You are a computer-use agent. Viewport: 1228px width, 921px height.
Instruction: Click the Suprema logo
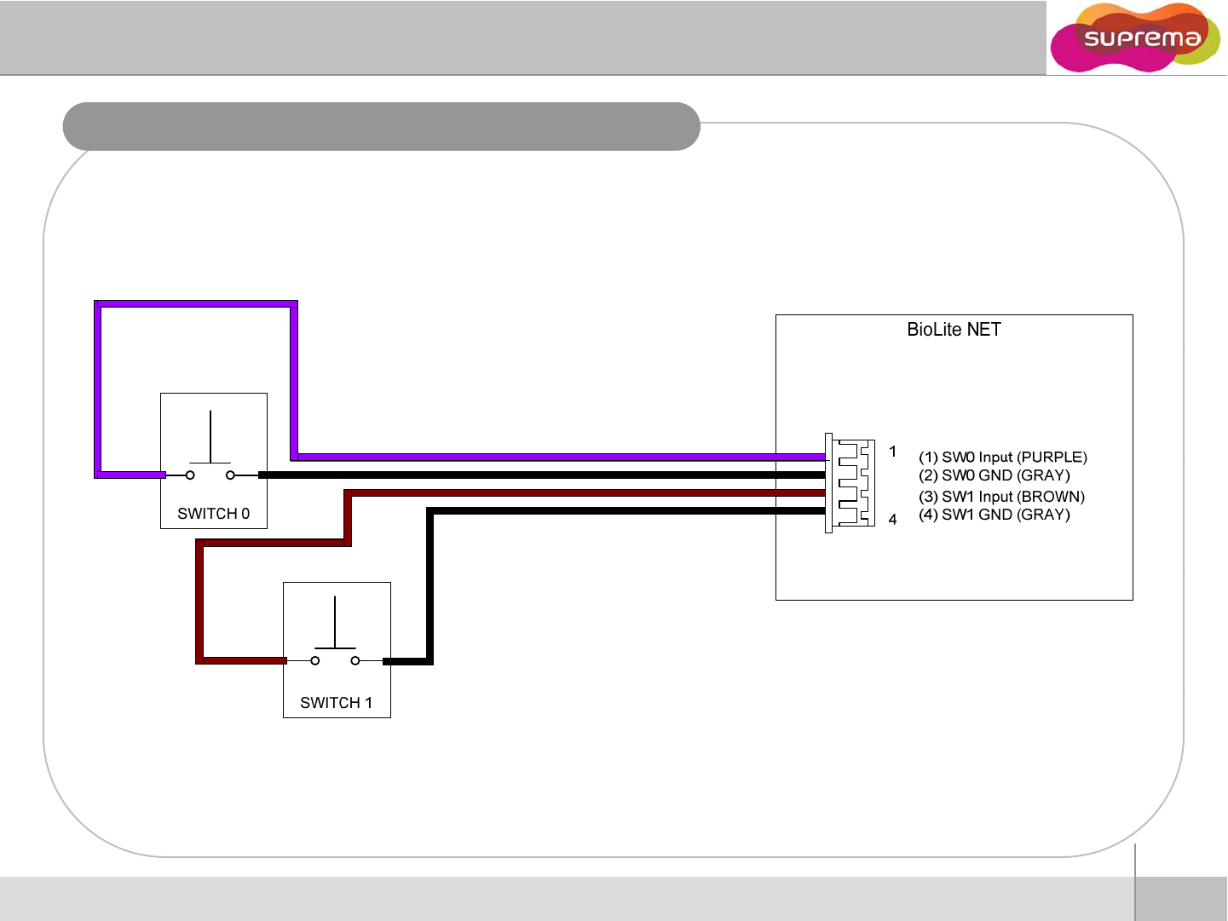click(x=1135, y=38)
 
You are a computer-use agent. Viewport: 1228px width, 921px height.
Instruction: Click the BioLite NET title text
click(x=954, y=330)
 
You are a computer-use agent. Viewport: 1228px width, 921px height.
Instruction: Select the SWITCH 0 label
click(x=213, y=514)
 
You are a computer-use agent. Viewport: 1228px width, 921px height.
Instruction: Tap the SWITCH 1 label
click(x=336, y=703)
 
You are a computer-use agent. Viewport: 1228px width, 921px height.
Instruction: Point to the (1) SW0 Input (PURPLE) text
click(x=1002, y=458)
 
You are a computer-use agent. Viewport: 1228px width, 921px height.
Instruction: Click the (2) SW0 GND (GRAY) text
click(x=994, y=475)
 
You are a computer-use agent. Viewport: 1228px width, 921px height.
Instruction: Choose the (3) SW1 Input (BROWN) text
click(x=1001, y=497)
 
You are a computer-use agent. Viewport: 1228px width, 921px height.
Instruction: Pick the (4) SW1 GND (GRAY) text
click(x=994, y=515)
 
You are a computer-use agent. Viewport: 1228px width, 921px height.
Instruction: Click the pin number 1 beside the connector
click(x=892, y=452)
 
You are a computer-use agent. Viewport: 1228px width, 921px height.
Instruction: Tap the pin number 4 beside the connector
click(x=892, y=520)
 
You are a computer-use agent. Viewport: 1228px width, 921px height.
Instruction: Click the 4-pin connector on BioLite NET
click(x=850, y=483)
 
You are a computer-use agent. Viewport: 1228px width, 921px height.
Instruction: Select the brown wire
click(x=579, y=493)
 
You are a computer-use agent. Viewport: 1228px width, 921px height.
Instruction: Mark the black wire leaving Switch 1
click(x=622, y=511)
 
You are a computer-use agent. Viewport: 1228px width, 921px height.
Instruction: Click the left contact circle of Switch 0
click(x=190, y=475)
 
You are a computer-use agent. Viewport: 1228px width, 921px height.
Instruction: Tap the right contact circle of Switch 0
click(x=230, y=475)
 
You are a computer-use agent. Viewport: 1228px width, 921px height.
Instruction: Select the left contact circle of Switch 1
click(x=315, y=660)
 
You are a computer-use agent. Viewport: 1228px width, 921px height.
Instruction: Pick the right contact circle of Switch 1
click(x=355, y=660)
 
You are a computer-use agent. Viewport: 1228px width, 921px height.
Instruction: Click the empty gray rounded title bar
click(x=381, y=127)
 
